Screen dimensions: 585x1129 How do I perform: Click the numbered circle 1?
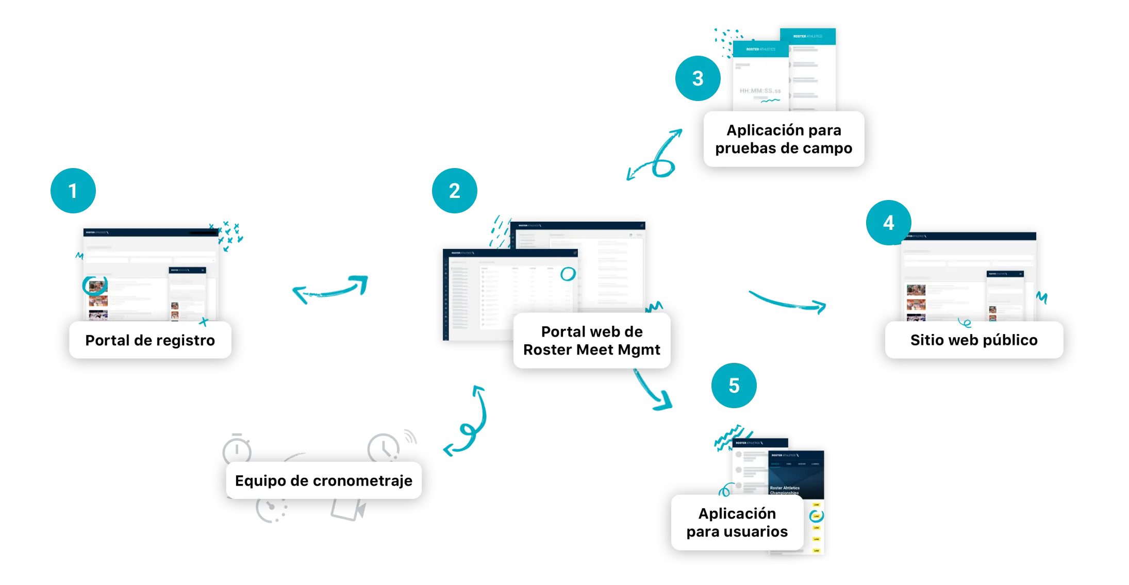point(73,191)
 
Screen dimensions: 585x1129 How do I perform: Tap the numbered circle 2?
point(454,191)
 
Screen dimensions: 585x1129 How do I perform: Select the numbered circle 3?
point(698,78)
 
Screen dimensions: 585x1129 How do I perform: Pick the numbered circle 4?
point(888,223)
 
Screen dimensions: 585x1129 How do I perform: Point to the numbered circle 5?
point(734,386)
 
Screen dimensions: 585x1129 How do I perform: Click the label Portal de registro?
point(150,340)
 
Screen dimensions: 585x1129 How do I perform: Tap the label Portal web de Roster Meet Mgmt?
point(592,341)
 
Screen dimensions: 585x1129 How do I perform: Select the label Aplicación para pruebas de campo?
point(784,139)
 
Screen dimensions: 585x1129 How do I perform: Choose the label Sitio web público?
point(974,340)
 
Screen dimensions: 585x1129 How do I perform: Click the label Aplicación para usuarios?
point(737,523)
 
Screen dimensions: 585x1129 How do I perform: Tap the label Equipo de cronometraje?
point(324,480)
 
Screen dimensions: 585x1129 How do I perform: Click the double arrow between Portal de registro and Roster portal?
point(330,290)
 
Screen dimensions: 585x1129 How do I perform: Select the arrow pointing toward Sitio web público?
point(788,303)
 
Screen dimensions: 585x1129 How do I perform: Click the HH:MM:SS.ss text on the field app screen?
point(760,91)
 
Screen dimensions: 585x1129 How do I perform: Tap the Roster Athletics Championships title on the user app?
point(785,490)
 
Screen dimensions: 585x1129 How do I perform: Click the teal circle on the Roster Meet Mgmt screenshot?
point(568,274)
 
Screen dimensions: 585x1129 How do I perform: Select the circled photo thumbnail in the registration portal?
point(95,285)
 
